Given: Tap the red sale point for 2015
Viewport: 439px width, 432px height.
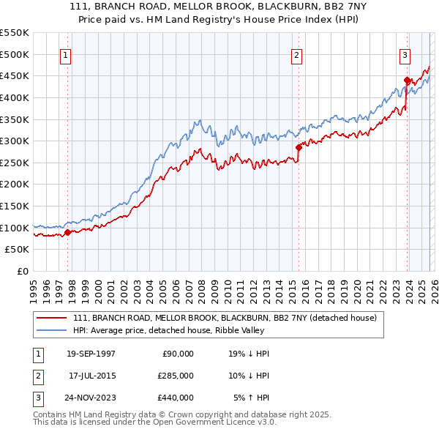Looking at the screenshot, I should pyautogui.click(x=299, y=147).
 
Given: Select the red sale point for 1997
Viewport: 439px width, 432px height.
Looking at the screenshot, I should pyautogui.click(x=68, y=233).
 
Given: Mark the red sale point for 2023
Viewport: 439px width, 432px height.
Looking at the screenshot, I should pyautogui.click(x=407, y=80).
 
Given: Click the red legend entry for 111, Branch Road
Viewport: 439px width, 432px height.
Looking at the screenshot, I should pyautogui.click(x=225, y=318).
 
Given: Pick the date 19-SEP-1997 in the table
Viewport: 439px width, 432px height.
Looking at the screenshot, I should pyautogui.click(x=90, y=354).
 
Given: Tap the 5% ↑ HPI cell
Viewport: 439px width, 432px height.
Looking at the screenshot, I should pyautogui.click(x=251, y=398).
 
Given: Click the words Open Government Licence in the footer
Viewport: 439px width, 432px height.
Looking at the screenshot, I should pyautogui.click(x=195, y=422).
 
